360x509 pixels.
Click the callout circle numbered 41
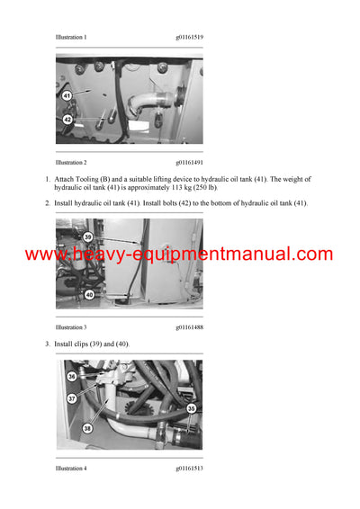pos(67,94)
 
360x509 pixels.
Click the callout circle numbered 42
pos(67,119)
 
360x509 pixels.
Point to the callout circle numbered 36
pos(72,377)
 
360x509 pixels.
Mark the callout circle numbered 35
pos(191,408)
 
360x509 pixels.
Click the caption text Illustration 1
pos(71,37)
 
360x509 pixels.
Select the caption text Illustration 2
pos(71,163)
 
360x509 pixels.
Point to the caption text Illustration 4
pos(71,469)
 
